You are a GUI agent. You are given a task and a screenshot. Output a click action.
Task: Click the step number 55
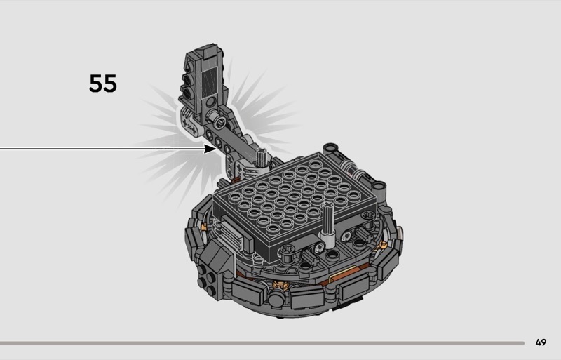point(102,84)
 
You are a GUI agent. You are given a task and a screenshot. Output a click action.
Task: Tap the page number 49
point(541,342)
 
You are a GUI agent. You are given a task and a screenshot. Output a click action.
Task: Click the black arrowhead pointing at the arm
point(210,148)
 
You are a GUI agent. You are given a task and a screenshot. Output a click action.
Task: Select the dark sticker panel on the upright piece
point(210,83)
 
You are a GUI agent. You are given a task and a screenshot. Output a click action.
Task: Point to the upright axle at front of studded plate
point(327,224)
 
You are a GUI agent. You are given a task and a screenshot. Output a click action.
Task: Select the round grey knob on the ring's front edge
point(276,298)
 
